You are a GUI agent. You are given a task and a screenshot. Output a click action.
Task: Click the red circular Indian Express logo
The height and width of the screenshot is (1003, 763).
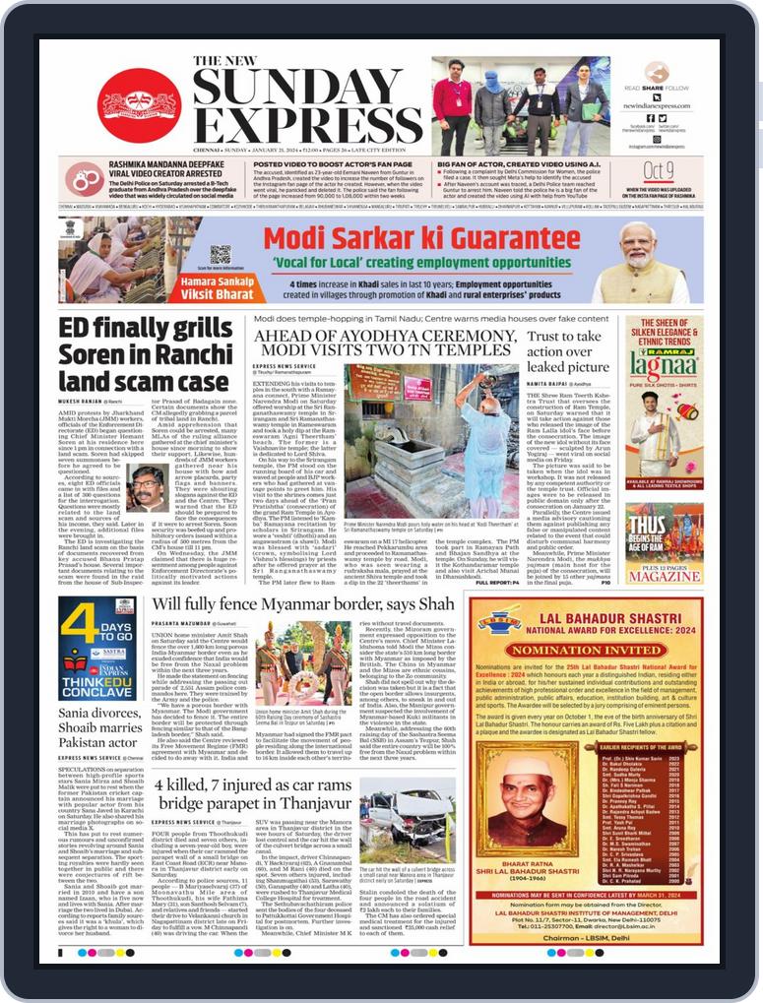(x=139, y=102)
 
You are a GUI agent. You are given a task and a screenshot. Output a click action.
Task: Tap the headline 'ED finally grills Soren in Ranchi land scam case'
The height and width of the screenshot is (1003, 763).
(x=143, y=354)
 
